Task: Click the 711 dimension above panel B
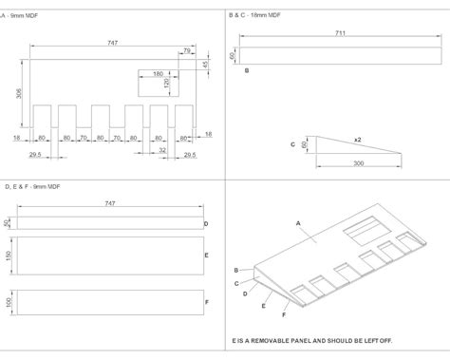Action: click(340, 33)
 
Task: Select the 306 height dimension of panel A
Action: click(19, 93)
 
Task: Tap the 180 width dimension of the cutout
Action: click(158, 74)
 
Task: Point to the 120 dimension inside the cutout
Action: click(167, 84)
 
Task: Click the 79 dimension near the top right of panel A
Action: click(187, 50)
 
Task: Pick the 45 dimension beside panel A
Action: click(205, 64)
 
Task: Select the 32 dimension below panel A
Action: click(162, 150)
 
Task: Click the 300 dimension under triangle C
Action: click(358, 163)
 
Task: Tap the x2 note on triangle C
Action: click(358, 140)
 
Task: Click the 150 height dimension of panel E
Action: click(9, 256)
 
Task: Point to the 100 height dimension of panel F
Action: click(9, 302)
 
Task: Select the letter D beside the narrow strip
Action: click(206, 224)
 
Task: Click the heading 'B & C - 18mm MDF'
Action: click(254, 15)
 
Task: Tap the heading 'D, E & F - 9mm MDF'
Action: click(32, 186)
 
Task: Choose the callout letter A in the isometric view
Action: click(298, 223)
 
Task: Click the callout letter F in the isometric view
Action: click(284, 314)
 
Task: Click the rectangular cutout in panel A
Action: click(159, 83)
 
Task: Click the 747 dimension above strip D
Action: click(110, 203)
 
